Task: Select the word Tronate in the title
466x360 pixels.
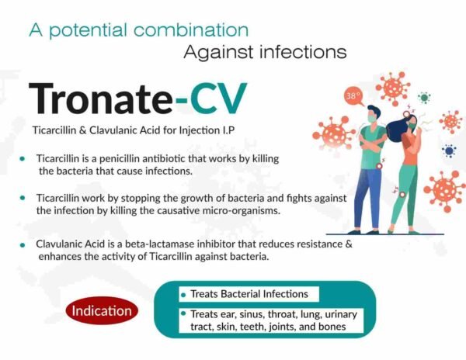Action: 100,98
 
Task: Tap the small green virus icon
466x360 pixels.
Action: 424,98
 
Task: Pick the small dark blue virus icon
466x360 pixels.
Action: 448,151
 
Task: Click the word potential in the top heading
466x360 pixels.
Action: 88,30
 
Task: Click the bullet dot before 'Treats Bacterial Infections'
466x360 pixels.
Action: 183,295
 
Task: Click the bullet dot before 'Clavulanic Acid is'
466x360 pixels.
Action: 26,244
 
